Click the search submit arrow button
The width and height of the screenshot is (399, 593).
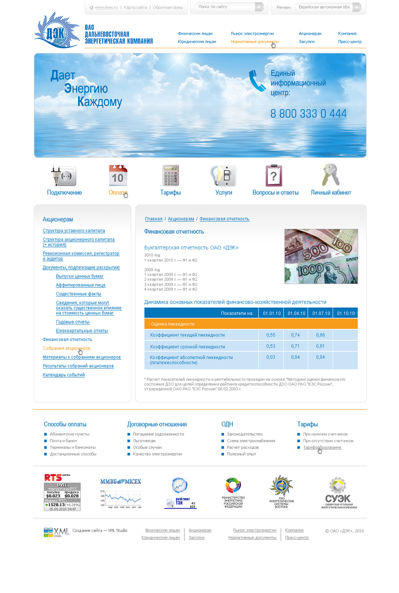[259, 7]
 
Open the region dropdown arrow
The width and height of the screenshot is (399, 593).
[357, 7]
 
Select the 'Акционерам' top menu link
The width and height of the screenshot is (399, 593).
[310, 33]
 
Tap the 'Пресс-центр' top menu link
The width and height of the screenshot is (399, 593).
[350, 41]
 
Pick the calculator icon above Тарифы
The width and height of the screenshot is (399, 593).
[171, 175]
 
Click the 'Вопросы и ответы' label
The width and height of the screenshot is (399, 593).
[275, 192]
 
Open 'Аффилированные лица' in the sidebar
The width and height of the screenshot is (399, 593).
[81, 285]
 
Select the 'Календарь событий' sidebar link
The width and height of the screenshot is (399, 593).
[64, 375]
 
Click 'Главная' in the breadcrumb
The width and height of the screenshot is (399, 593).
[154, 219]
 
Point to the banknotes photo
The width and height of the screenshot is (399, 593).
[321, 256]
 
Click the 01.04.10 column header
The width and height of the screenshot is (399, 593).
[296, 313]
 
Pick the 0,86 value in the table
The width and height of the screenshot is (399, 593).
[320, 335]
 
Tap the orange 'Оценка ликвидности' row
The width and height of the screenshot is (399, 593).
[251, 324]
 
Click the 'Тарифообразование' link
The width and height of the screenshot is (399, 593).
[322, 448]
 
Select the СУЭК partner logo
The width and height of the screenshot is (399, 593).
[338, 493]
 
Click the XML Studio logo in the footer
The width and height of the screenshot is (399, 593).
[56, 532]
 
